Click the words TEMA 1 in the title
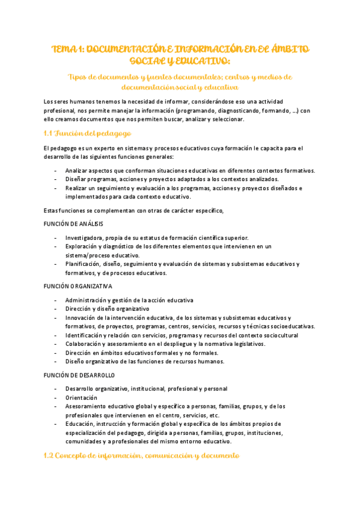67,49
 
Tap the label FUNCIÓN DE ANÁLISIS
78,223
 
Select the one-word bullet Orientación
81,398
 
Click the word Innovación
82,318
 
